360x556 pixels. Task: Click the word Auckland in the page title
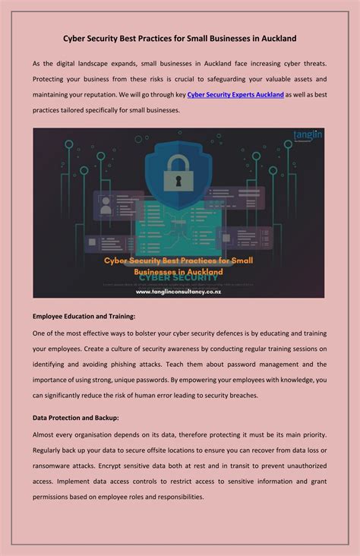274,37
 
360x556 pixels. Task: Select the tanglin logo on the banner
308,137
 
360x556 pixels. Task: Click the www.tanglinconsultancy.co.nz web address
178,291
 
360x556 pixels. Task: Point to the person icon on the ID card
106,205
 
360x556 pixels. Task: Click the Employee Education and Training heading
84,316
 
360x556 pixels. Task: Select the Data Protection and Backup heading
75,418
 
